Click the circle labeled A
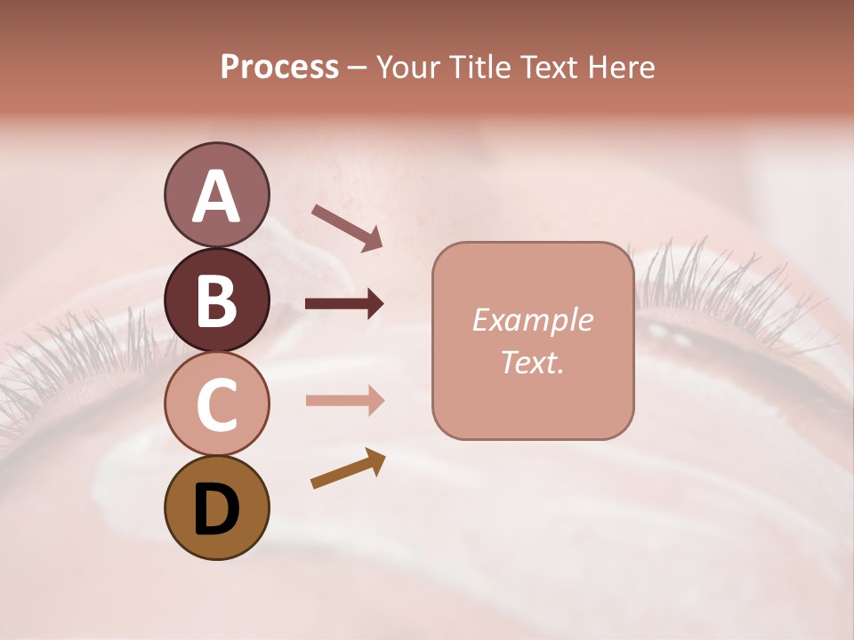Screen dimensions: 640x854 (x=216, y=195)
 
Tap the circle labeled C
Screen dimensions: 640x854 (x=216, y=404)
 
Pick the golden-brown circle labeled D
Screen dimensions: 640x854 (x=216, y=508)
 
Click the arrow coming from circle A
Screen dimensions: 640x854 (x=347, y=227)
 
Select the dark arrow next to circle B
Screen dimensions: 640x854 (x=344, y=304)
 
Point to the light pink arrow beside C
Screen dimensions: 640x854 (x=344, y=401)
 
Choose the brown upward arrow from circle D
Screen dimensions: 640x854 (x=348, y=468)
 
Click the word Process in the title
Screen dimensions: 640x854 (x=279, y=67)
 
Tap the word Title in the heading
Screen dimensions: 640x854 (x=479, y=67)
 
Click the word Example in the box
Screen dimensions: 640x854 (x=532, y=320)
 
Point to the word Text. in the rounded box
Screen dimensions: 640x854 (x=532, y=362)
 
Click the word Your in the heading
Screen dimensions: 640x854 (x=406, y=67)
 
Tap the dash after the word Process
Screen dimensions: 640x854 (x=357, y=68)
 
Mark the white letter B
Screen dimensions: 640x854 (x=216, y=300)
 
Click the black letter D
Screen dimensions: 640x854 (x=216, y=509)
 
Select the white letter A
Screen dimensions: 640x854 (x=216, y=196)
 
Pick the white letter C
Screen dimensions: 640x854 (x=216, y=404)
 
